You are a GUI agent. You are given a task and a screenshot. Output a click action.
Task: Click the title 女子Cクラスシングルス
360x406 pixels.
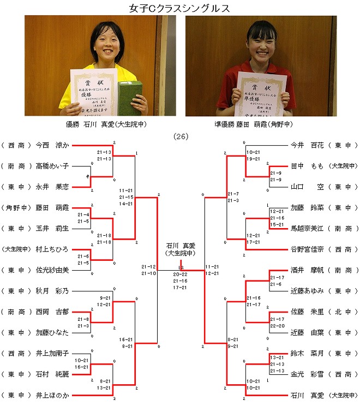tap(179, 8)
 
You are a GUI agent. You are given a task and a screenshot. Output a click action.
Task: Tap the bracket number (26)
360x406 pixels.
tap(180, 136)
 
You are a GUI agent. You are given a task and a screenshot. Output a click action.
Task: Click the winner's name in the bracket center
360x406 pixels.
tap(181, 246)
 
